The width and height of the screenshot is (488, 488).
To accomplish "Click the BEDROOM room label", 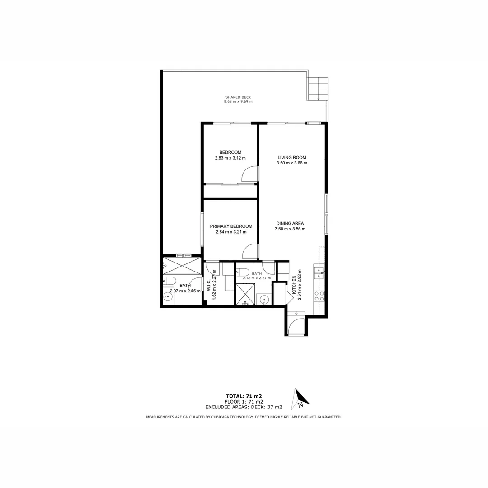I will coord(230,152).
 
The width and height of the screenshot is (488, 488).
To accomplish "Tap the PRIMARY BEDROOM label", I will coord(231,226).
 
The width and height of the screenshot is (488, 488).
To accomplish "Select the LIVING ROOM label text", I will coord(292,158).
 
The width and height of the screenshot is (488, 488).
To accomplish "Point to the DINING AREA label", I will coord(290,223).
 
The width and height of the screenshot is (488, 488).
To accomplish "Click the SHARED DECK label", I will coord(238,97).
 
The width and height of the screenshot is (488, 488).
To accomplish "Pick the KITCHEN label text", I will coord(294,285).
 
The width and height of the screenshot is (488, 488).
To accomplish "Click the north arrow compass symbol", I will coord(300,398).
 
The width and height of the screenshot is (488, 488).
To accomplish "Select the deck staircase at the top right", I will coord(318,89).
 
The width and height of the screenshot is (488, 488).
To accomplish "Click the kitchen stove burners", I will coord(319,296).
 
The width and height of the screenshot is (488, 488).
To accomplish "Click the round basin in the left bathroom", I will coord(168,297).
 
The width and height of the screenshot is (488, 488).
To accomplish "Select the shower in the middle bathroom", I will coord(245,294).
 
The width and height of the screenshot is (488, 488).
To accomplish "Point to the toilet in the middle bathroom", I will coord(242,272).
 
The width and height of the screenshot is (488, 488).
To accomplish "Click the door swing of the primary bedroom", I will coord(250,251).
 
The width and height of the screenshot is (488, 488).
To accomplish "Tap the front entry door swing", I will coord(296,327).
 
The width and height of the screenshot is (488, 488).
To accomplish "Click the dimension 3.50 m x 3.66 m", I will coord(292,163).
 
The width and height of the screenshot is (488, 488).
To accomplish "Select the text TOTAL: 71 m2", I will coord(244,396).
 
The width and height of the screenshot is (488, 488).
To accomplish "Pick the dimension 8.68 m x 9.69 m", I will coord(238,102).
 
